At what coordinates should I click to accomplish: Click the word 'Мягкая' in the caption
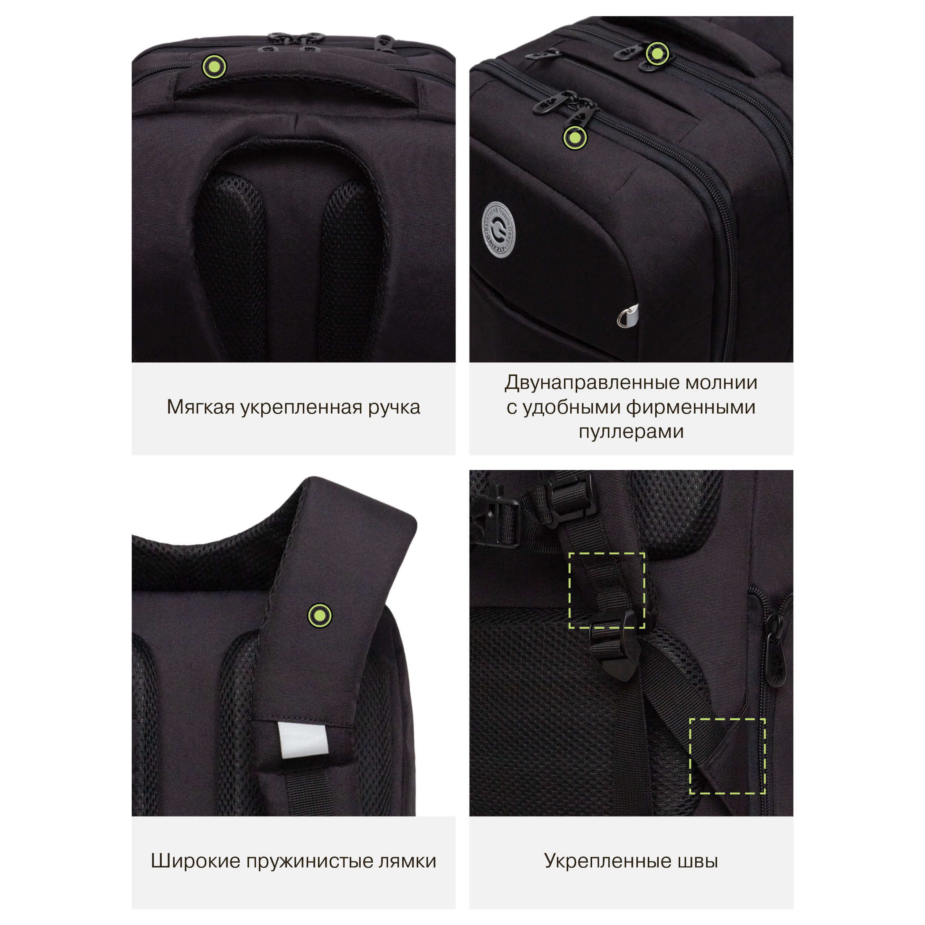pyautogui.click(x=201, y=407)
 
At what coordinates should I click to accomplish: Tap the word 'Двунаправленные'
pyautogui.click(x=592, y=383)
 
